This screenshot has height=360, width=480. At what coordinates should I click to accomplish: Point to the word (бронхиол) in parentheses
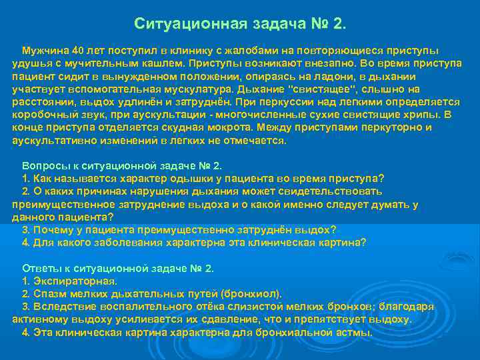tap(251, 294)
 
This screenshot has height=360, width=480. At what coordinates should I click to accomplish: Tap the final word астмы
tap(355, 332)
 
